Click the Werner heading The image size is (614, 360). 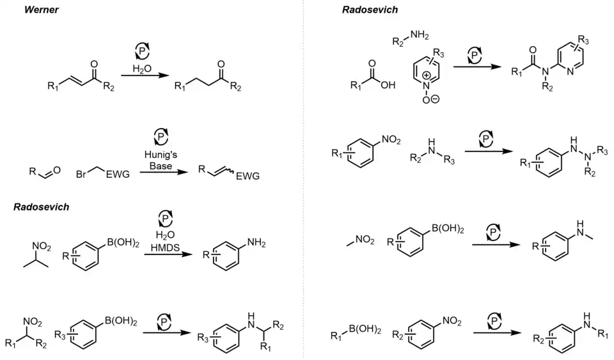click(x=42, y=10)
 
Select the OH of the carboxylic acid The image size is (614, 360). click(x=388, y=85)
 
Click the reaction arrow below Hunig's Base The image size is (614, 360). click(x=161, y=173)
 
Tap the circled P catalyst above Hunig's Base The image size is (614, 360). click(x=161, y=136)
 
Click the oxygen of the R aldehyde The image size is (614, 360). click(x=56, y=170)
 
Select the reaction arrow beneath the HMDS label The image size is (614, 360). click(x=167, y=254)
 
